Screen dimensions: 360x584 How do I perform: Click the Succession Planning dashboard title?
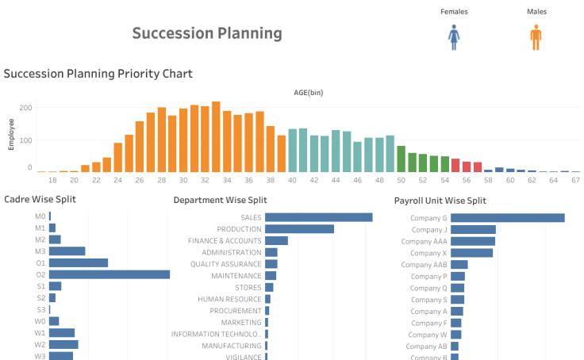(x=206, y=33)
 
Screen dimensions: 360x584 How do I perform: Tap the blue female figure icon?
(x=455, y=37)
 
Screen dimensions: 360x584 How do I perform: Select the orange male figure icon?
(x=536, y=37)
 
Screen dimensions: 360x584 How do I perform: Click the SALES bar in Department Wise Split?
(x=318, y=217)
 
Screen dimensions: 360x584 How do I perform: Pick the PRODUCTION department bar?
(x=299, y=229)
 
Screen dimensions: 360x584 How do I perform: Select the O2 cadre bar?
(x=109, y=274)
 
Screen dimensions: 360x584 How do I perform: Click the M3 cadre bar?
(x=67, y=251)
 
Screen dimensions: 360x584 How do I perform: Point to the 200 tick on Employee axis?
(x=25, y=108)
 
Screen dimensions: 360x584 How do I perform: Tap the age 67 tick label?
(x=575, y=180)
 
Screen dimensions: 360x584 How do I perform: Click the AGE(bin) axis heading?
(x=308, y=93)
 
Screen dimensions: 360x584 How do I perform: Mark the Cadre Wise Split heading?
(x=40, y=200)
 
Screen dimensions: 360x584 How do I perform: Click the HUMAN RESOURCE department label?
(x=229, y=300)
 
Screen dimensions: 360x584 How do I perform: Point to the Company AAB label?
(x=424, y=265)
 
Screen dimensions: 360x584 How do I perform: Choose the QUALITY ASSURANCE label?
(x=225, y=264)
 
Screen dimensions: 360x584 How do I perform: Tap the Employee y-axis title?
(x=12, y=135)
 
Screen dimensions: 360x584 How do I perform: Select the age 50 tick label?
(x=401, y=180)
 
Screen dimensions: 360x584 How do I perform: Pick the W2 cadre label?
(x=40, y=345)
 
